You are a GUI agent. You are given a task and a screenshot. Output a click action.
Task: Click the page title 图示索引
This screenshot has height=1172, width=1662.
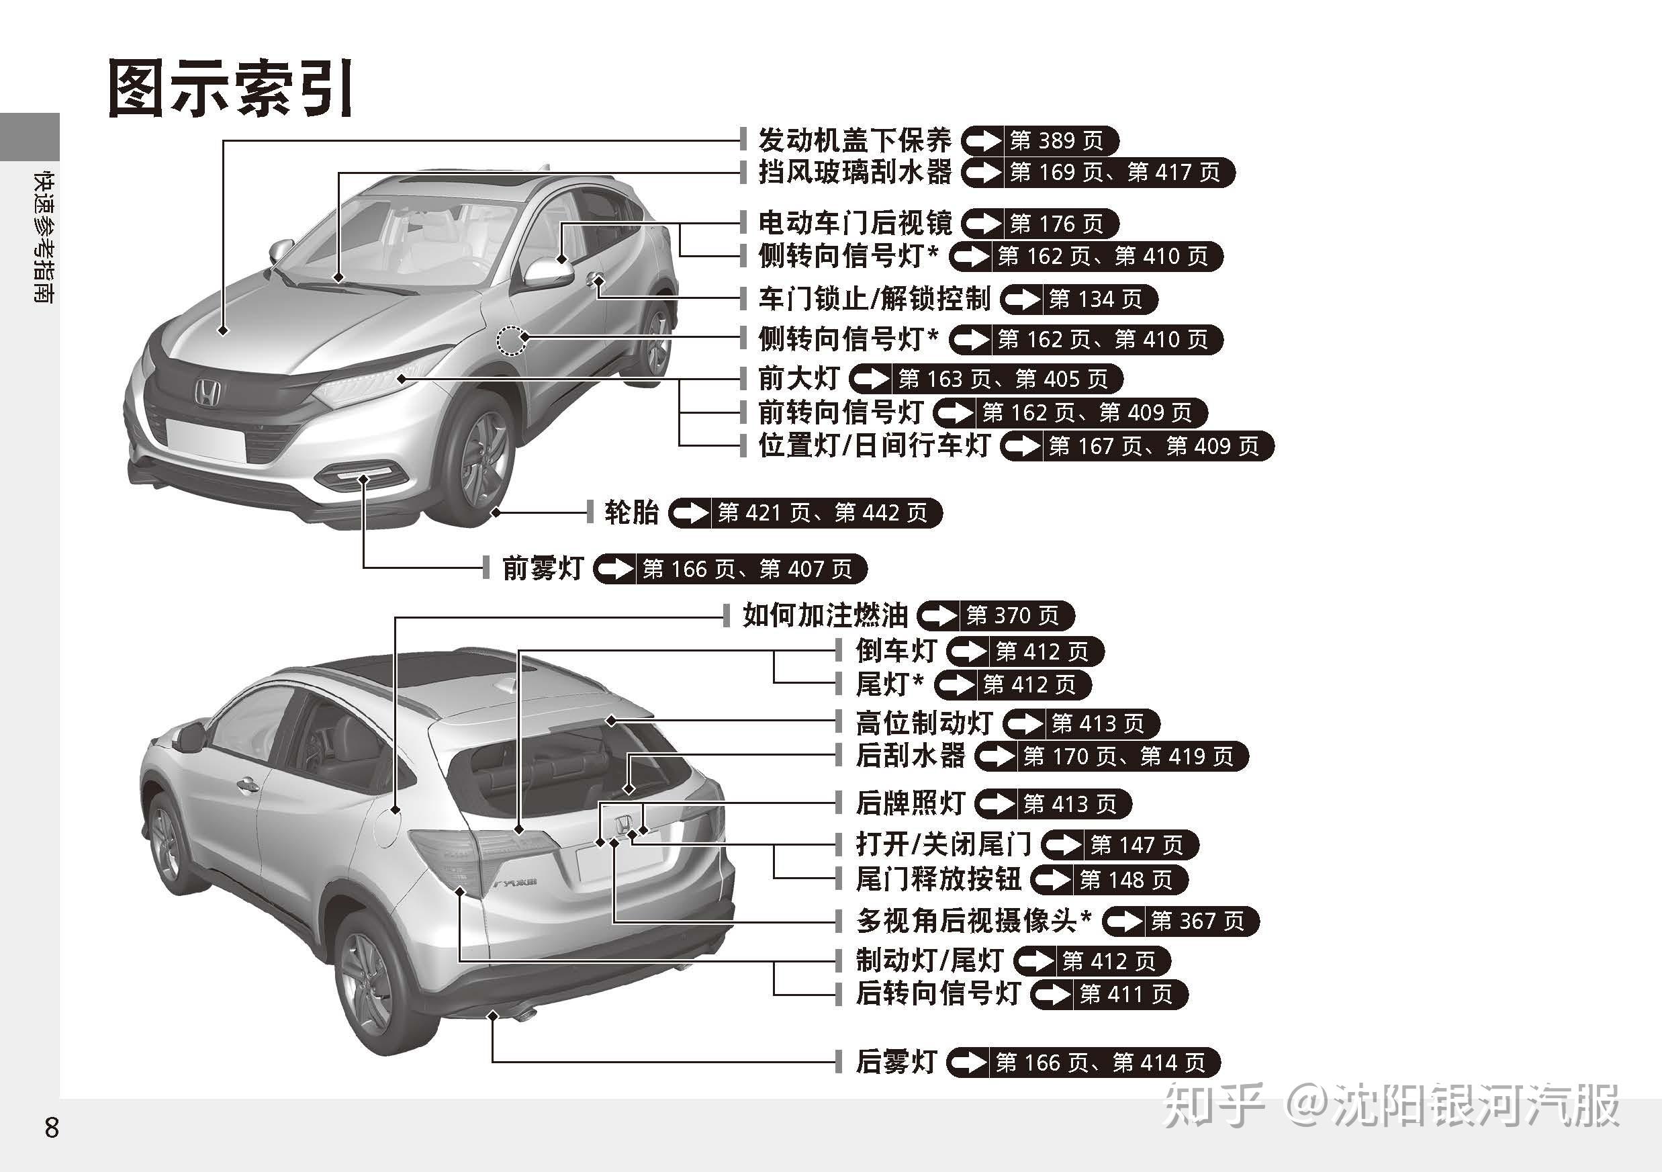(230, 89)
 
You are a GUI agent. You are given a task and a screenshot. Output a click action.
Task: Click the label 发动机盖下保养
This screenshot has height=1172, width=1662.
(854, 140)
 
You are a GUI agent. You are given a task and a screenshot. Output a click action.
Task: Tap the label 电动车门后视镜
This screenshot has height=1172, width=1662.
(855, 223)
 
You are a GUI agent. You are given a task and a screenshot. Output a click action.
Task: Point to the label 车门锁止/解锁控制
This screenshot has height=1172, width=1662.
(874, 298)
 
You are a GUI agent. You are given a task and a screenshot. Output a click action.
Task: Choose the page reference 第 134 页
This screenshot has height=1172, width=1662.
(1095, 299)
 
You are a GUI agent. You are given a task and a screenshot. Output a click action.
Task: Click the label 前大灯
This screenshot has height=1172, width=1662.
(798, 378)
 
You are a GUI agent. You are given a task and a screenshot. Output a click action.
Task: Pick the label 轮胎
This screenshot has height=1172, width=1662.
(631, 512)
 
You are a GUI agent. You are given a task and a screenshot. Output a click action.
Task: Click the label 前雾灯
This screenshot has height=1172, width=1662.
(543, 568)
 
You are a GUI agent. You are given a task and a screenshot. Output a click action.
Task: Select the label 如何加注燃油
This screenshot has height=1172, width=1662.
(825, 615)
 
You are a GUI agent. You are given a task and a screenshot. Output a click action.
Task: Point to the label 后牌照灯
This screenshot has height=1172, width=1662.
(911, 803)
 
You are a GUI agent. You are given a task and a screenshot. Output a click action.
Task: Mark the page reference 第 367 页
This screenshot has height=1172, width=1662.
(1197, 921)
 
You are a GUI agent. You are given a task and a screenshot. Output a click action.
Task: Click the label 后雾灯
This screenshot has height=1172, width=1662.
(896, 1061)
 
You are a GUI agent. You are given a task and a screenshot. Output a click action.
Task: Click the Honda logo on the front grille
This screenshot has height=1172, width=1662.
(206, 393)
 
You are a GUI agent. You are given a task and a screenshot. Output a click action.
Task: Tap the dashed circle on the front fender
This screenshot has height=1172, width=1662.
(512, 341)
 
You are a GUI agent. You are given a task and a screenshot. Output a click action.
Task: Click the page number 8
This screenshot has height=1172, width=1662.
(52, 1128)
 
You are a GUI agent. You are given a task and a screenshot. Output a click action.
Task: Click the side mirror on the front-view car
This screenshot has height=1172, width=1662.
(548, 272)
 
